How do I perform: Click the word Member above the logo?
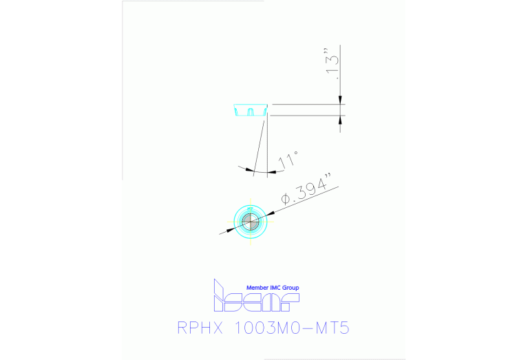(260, 288)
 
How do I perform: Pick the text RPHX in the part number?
(199, 328)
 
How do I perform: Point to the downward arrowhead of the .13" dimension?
(340, 100)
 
